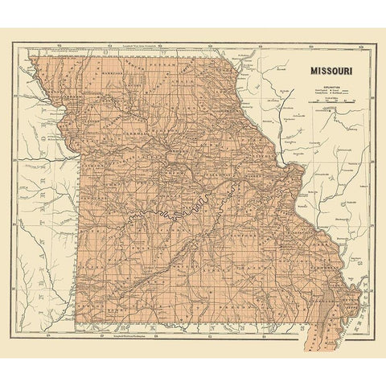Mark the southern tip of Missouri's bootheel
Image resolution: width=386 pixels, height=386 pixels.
point(307,331)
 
